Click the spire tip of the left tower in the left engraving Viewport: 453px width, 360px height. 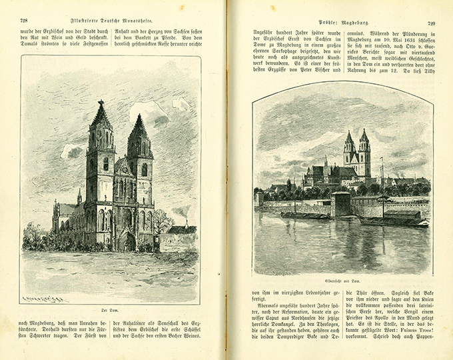coord(101,103)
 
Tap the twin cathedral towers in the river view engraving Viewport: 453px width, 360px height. coord(356,153)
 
